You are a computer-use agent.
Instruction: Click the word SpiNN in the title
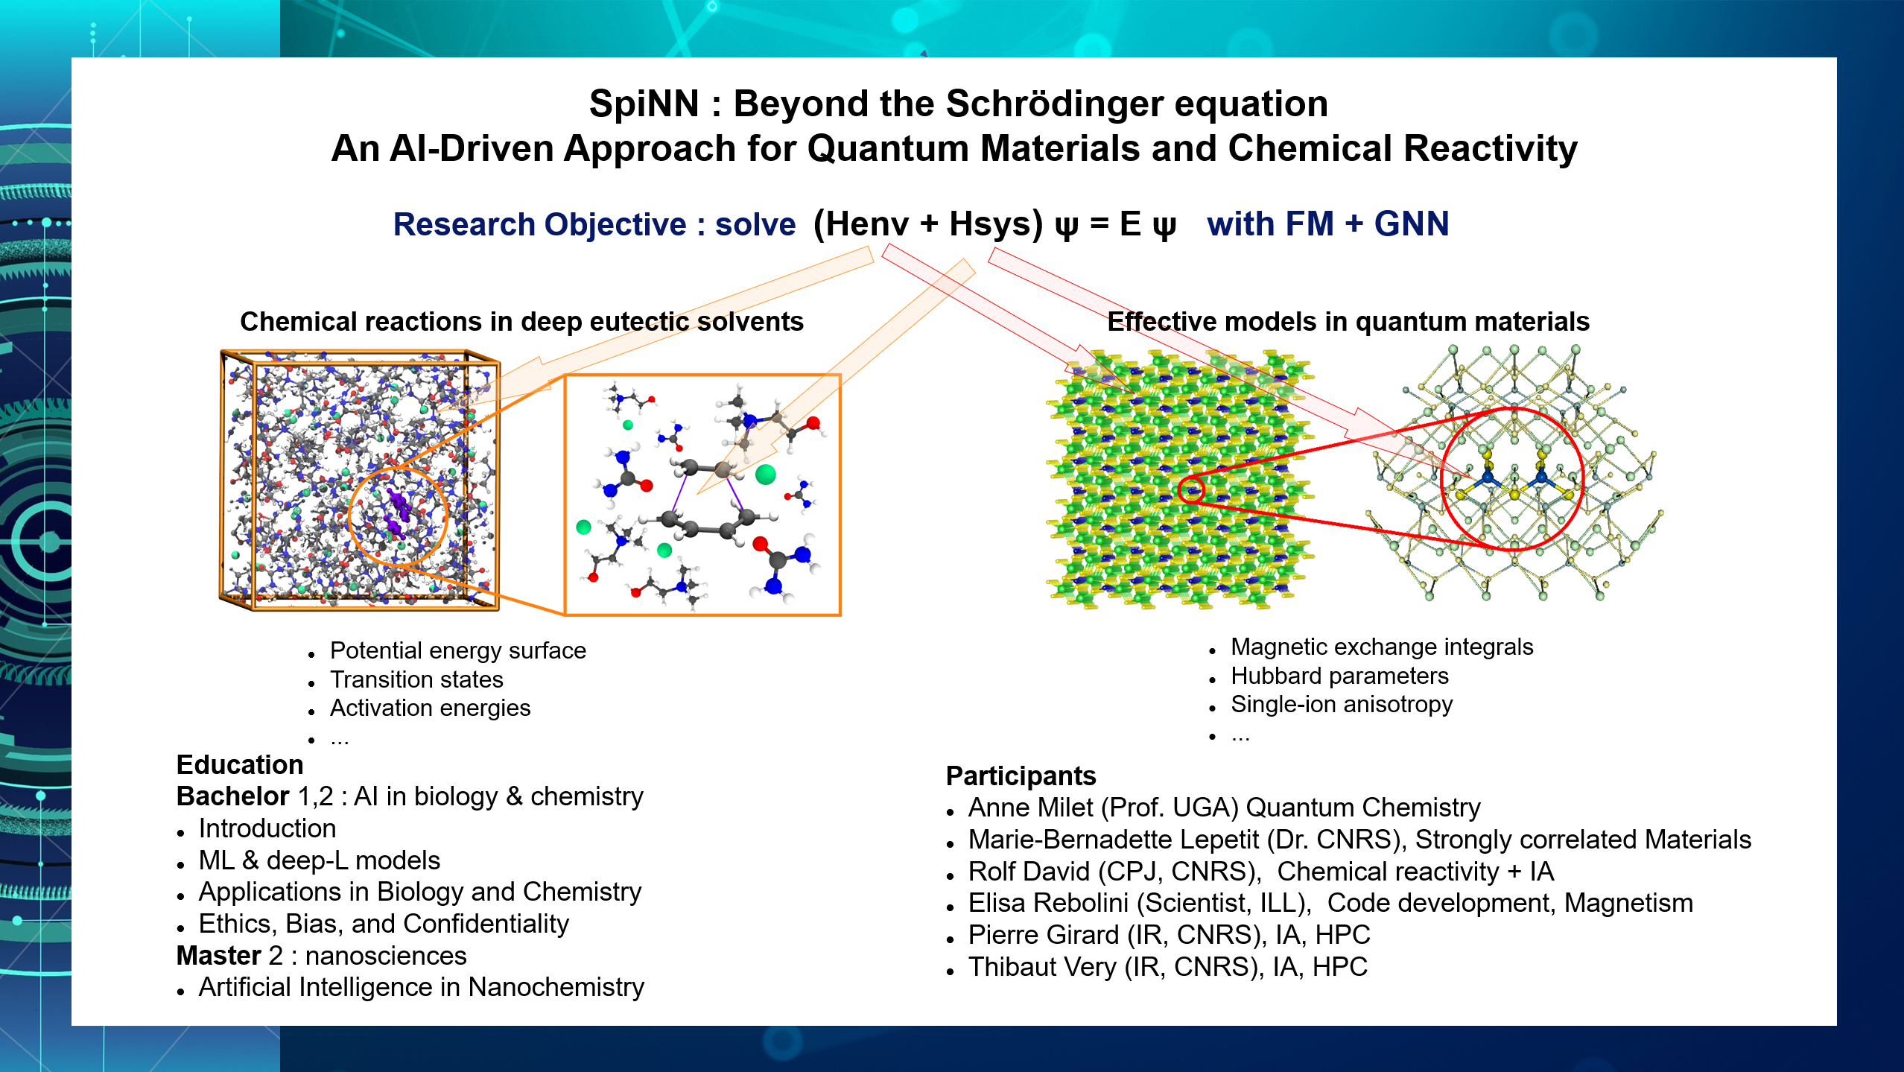(x=644, y=104)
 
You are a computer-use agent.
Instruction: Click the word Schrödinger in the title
(x=1054, y=104)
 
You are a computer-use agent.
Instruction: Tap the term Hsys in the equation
(x=996, y=224)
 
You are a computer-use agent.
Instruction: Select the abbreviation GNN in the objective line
(x=1412, y=223)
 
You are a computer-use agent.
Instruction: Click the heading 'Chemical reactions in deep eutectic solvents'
(x=521, y=321)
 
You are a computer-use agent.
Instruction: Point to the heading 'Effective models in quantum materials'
(x=1348, y=321)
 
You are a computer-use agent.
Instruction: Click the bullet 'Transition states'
(x=416, y=679)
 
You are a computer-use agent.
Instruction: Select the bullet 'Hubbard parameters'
(x=1339, y=676)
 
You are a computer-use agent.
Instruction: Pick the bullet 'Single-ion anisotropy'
(x=1342, y=704)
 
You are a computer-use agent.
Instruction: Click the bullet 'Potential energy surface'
(x=458, y=650)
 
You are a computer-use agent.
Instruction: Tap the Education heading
(x=240, y=765)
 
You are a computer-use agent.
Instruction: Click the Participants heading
(x=1021, y=776)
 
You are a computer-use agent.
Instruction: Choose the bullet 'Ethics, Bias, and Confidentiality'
(x=384, y=924)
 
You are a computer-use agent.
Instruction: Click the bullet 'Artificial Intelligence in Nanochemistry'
(x=421, y=988)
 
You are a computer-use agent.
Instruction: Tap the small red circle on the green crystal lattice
(x=1191, y=489)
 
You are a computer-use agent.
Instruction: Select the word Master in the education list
(x=218, y=956)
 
